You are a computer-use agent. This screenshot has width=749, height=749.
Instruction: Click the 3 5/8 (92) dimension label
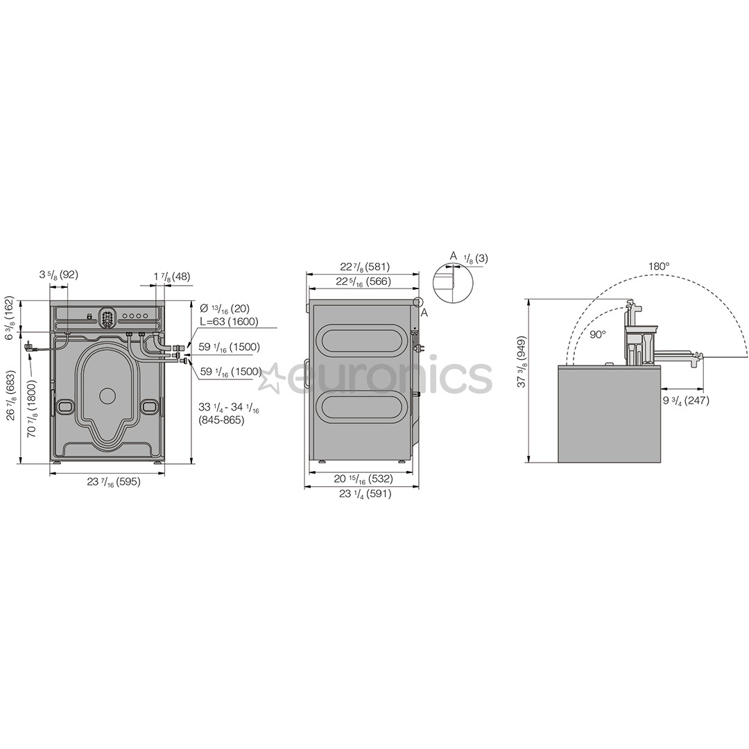[x=58, y=275]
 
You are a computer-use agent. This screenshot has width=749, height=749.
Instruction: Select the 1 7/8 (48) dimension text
[x=172, y=276]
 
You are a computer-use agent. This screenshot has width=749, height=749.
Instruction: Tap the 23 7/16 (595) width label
[x=114, y=481]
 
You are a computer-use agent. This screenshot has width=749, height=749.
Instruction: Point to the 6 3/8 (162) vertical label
[x=10, y=317]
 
